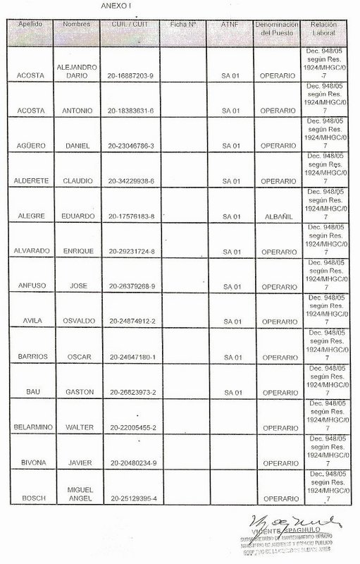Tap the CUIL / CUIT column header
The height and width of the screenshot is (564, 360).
(132, 25)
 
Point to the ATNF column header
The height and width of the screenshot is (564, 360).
(230, 25)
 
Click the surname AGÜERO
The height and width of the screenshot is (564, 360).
(30, 146)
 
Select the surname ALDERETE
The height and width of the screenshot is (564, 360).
(30, 181)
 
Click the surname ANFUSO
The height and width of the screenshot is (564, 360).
(30, 287)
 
